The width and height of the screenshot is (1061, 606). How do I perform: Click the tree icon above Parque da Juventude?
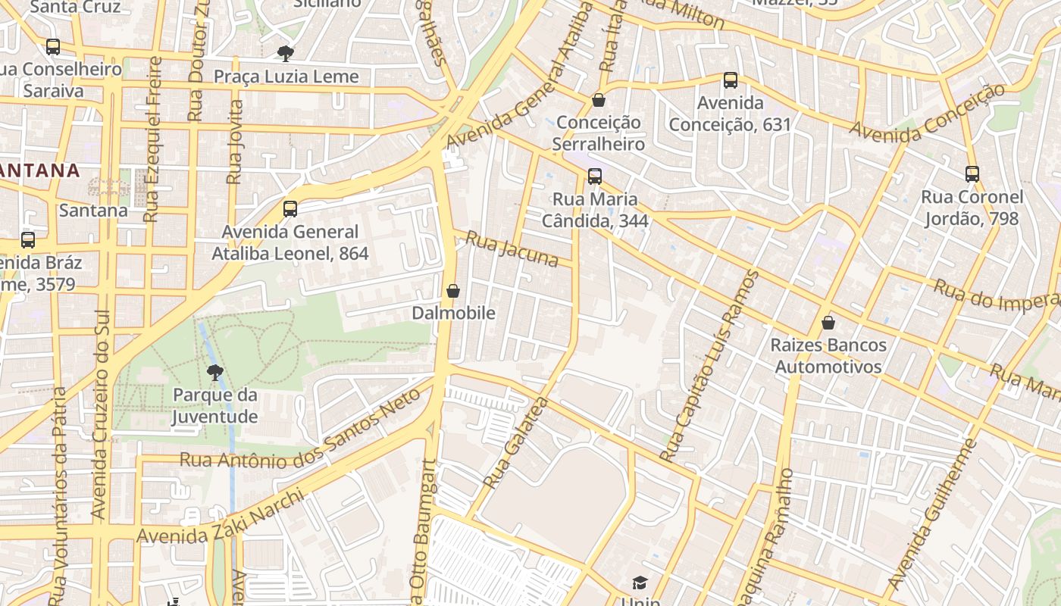pyautogui.click(x=215, y=372)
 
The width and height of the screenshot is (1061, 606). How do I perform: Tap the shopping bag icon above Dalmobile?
pyautogui.click(x=453, y=291)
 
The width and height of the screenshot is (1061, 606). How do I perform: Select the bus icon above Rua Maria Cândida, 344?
pyautogui.click(x=595, y=176)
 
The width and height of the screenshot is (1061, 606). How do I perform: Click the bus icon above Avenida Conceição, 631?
pyautogui.click(x=731, y=80)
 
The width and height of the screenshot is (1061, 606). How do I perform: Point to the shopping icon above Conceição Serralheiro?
pyautogui.click(x=599, y=100)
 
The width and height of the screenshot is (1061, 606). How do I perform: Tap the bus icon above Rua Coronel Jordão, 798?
pyautogui.click(x=972, y=173)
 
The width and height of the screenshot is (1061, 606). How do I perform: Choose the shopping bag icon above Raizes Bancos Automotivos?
pyautogui.click(x=828, y=323)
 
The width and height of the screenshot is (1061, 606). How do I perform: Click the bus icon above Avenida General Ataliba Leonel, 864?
pyautogui.click(x=290, y=209)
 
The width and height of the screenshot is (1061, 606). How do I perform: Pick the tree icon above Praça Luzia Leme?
pyautogui.click(x=286, y=53)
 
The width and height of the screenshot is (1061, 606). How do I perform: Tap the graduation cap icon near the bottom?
pyautogui.click(x=640, y=583)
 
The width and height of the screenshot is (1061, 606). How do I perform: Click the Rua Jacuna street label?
pyautogui.click(x=512, y=249)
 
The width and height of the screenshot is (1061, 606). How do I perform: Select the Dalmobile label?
pyautogui.click(x=453, y=313)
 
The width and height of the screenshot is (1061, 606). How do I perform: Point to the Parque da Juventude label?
pyautogui.click(x=215, y=405)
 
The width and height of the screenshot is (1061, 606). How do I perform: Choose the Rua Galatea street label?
pyautogui.click(x=515, y=443)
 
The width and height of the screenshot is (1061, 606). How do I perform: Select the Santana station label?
pyautogui.click(x=93, y=210)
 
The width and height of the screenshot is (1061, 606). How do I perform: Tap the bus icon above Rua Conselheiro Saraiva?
pyautogui.click(x=53, y=46)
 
